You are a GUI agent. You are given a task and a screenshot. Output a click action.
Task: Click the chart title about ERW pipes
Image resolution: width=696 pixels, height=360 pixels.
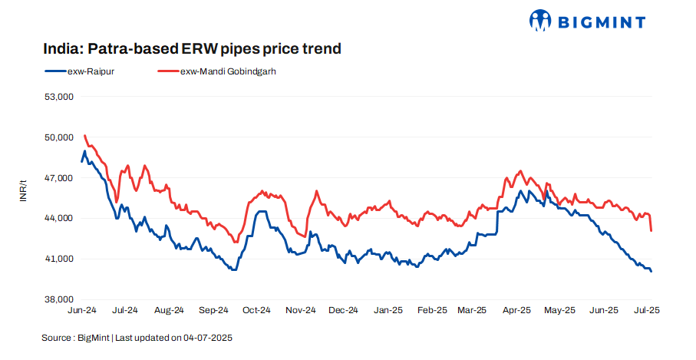(192, 49)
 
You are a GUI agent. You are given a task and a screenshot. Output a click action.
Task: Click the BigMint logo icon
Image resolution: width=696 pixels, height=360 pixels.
(541, 21)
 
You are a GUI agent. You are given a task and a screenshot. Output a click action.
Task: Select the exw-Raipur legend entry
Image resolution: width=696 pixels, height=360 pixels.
(81, 71)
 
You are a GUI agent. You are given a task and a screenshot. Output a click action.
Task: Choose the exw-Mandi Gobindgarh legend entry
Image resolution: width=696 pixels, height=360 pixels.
(216, 71)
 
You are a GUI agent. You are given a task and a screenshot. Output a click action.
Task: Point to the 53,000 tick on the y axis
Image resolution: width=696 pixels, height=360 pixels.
(58, 97)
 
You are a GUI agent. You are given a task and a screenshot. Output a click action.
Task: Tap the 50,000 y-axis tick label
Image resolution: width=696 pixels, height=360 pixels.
(58, 137)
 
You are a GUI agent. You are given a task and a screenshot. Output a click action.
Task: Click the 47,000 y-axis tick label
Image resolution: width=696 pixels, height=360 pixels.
(58, 178)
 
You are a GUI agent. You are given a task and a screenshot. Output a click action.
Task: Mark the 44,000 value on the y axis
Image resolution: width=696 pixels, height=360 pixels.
(58, 218)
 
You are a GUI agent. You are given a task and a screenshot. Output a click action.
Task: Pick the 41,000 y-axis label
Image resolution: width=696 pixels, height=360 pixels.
(58, 259)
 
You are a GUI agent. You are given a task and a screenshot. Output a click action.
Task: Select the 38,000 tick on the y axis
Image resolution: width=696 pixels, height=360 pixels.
(58, 299)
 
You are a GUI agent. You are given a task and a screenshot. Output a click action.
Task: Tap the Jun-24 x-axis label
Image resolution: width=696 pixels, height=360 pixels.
(82, 311)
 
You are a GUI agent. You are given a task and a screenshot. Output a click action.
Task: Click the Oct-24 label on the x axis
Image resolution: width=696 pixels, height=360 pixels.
(256, 311)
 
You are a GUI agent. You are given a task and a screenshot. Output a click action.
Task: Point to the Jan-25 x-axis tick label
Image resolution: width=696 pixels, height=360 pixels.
(388, 311)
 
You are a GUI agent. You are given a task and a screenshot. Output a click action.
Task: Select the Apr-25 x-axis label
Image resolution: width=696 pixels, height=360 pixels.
(517, 311)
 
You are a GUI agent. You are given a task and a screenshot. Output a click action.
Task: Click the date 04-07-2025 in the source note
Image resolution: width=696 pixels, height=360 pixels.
(206, 338)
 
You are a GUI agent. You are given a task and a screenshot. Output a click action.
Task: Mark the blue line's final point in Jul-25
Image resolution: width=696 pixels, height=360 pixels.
(651, 271)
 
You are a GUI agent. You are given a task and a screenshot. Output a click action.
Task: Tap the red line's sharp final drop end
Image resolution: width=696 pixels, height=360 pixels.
(651, 230)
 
